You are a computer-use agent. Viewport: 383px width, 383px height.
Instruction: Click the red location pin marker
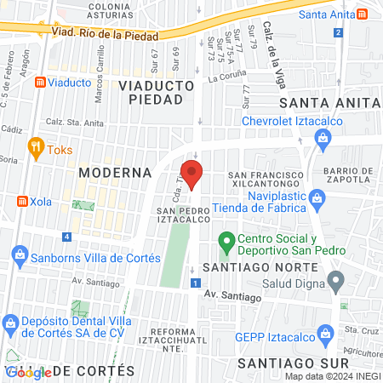click(x=193, y=174)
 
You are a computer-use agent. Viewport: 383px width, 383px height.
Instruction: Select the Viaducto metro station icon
click(x=40, y=83)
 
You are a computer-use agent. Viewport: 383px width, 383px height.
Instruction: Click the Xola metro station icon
click(x=24, y=201)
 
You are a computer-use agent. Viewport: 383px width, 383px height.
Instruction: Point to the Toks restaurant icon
click(x=35, y=146)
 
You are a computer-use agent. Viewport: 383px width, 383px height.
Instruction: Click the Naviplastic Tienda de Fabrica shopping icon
click(x=317, y=198)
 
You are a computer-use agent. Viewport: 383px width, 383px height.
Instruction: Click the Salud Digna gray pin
click(x=336, y=278)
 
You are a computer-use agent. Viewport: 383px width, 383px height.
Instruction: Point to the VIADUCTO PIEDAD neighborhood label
click(x=151, y=91)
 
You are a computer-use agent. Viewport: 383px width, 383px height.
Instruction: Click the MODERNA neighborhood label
click(x=114, y=172)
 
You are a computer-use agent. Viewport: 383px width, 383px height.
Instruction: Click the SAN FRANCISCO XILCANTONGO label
click(x=267, y=180)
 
